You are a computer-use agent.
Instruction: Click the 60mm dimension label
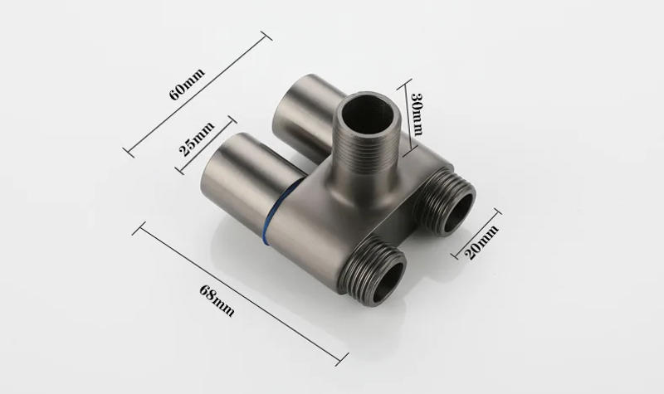(187, 84)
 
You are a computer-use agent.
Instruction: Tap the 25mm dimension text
(197, 139)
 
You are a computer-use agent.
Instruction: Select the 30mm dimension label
(417, 114)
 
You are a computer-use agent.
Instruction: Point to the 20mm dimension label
(481, 242)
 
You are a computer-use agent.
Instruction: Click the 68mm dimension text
(217, 300)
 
